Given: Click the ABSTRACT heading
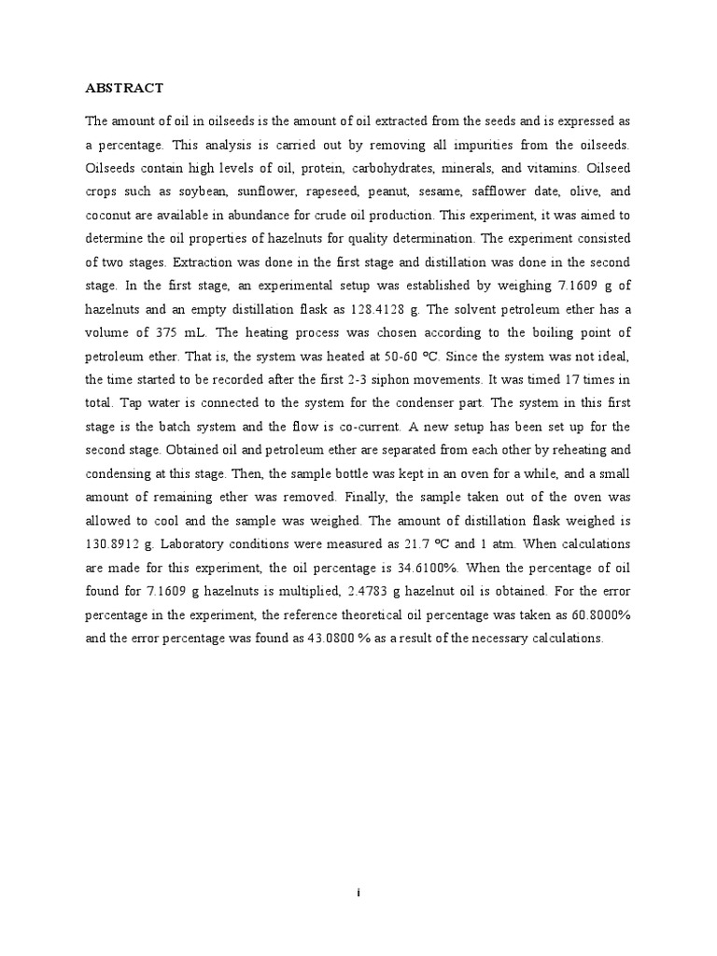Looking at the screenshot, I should pos(124,89).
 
